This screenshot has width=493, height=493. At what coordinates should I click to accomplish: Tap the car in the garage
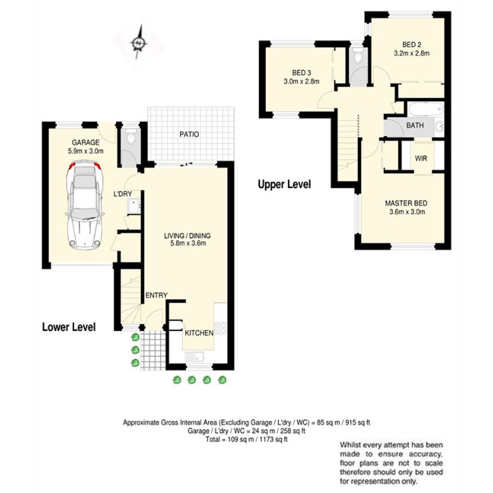pos(85,205)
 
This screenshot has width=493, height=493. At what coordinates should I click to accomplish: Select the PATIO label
pos(189,134)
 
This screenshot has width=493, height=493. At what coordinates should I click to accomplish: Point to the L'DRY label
pos(123,194)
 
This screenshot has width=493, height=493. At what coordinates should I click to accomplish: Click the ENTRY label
pos(156,295)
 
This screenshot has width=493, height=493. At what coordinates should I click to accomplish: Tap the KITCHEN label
pos(199,333)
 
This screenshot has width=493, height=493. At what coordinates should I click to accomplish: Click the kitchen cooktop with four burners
pos(221,328)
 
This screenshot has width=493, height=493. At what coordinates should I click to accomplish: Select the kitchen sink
pos(194,356)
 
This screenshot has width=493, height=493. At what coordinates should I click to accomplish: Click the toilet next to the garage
pos(131,137)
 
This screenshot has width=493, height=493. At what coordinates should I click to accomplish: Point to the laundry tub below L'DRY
pos(134,206)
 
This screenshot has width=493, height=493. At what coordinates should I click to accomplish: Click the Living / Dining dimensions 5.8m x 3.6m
pos(188,243)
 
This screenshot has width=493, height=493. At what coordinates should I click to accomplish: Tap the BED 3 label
pos(302,73)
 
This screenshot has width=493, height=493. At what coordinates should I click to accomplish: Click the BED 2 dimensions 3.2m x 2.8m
pos(411,53)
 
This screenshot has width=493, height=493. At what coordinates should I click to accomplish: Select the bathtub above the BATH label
pos(426,109)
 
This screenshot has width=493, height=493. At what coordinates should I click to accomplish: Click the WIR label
pos(421,158)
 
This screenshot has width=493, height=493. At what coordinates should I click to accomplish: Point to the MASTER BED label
pos(406,203)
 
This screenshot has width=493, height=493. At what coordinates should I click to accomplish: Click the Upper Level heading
pos(284,184)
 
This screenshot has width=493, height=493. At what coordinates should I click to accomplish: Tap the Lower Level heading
pos(69,327)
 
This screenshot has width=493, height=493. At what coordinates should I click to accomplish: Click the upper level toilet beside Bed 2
pos(358,56)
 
